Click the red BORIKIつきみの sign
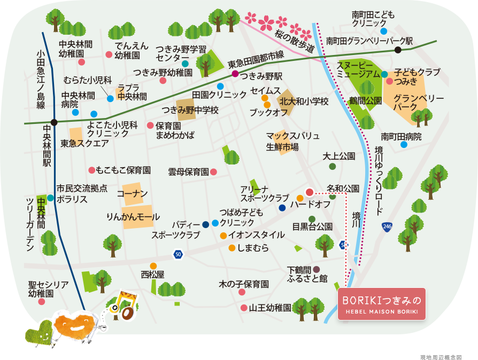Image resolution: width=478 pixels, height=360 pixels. click(381, 304)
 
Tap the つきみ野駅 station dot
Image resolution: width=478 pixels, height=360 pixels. click(234, 75)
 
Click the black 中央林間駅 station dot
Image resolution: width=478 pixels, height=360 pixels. click(53, 122)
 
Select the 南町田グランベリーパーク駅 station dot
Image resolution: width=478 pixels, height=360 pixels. click(398, 50)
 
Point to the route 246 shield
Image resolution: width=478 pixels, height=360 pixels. click(387, 227)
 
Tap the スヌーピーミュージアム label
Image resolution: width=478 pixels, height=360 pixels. click(358, 69)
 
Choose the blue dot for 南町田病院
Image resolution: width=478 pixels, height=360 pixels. click(404, 144)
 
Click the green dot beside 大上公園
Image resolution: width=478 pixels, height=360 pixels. click(333, 167)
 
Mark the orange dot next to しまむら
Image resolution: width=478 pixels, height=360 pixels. click(232, 248)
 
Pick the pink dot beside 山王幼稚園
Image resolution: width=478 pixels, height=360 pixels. click(244, 308)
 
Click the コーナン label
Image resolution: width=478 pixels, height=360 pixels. click(132, 194)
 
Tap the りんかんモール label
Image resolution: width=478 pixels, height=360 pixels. click(133, 217)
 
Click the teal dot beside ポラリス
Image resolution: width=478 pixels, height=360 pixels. click(50, 198)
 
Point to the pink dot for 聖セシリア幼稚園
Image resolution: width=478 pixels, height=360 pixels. click(42, 301)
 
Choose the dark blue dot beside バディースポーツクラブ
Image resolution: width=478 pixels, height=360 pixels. click(206, 224)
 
